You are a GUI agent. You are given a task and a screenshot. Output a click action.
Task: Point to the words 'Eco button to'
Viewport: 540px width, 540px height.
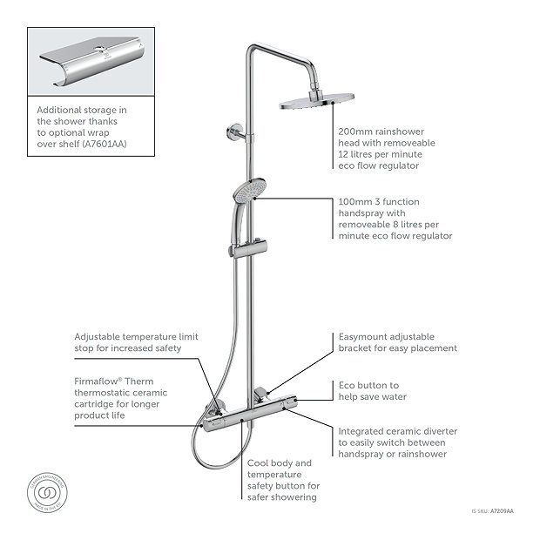click(368, 384)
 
